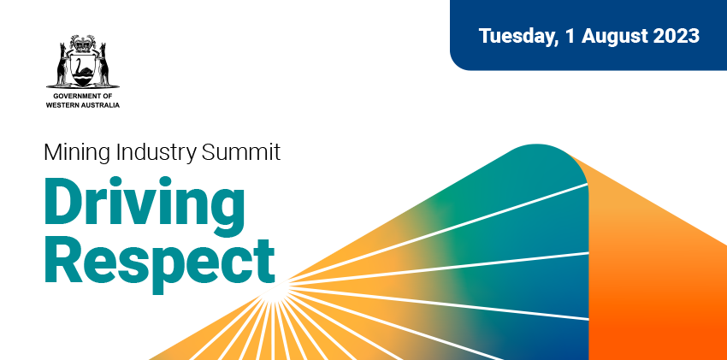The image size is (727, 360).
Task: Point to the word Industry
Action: (151, 153)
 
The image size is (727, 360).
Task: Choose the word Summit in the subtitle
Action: (241, 152)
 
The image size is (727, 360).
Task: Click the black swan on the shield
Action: (84, 68)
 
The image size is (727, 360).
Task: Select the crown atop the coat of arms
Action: (84, 44)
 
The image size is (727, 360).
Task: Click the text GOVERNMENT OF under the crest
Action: (83, 96)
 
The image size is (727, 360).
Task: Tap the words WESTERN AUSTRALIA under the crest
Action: (83, 105)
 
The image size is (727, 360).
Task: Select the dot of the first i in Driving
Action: (126, 180)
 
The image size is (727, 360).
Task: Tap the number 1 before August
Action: (570, 36)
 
